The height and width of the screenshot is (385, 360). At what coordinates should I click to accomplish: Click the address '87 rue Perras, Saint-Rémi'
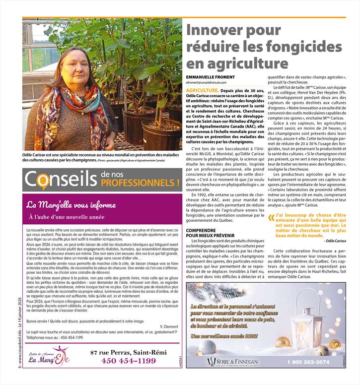[124, 352]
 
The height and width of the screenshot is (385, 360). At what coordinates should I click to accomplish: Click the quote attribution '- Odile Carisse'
[337, 241]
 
